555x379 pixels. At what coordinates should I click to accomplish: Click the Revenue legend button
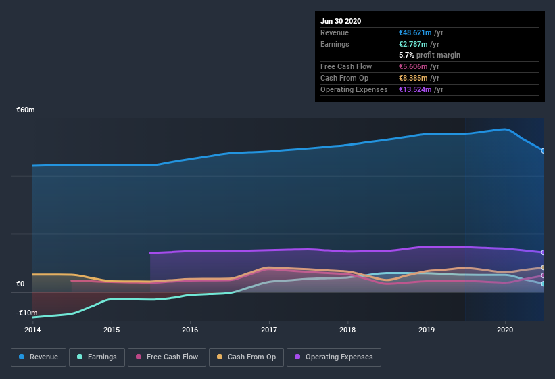pyautogui.click(x=39, y=357)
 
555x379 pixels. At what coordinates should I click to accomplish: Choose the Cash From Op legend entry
pyautogui.click(x=246, y=357)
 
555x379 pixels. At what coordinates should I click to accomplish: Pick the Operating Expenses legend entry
pyautogui.click(x=333, y=357)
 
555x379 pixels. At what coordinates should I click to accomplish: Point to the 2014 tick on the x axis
pyautogui.click(x=32, y=330)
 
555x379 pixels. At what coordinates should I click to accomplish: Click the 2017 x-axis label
pyautogui.click(x=269, y=330)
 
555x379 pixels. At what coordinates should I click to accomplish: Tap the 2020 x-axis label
pyautogui.click(x=505, y=330)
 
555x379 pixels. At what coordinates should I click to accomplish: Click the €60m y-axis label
pyautogui.click(x=26, y=110)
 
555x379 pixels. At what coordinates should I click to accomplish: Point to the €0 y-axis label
pyautogui.click(x=20, y=284)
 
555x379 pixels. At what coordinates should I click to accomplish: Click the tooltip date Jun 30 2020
pyautogui.click(x=341, y=21)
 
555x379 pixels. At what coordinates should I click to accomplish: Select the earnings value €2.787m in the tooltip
pyautogui.click(x=417, y=44)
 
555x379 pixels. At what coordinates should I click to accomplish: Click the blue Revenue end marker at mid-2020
pyautogui.click(x=544, y=150)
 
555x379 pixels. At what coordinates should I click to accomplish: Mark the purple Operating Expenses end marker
pyautogui.click(x=544, y=252)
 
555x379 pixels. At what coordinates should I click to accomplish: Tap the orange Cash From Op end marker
pyautogui.click(x=544, y=268)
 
